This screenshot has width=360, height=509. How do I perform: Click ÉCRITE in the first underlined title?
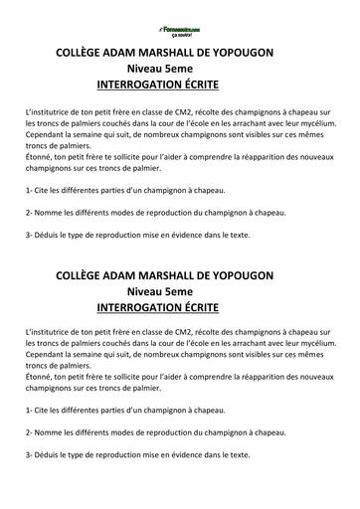point(205,86)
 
